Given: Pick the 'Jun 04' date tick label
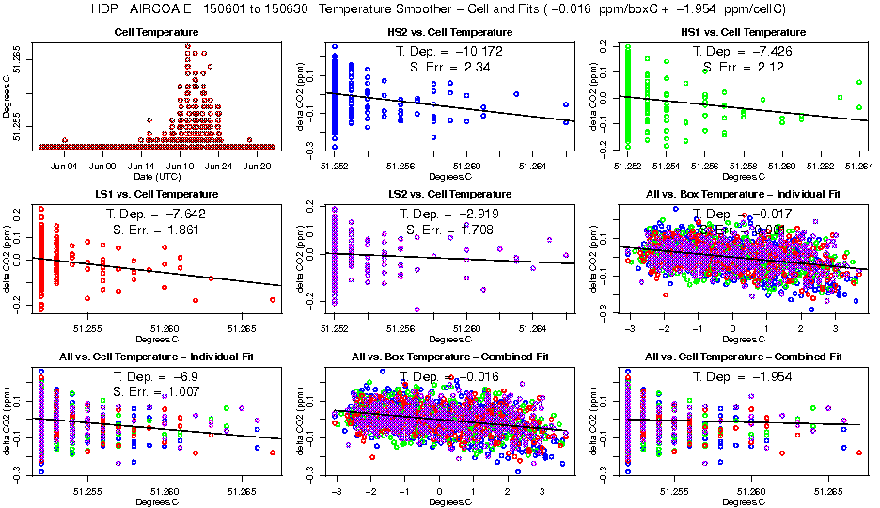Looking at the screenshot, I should (64, 166).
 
